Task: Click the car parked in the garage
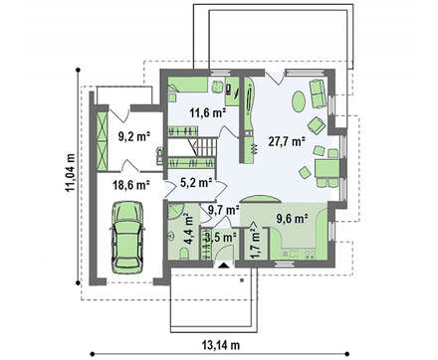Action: pyautogui.click(x=127, y=238)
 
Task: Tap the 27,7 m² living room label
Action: pyautogui.click(x=287, y=142)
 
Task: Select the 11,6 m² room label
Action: pyautogui.click(x=208, y=113)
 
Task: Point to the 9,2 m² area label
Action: pyautogui.click(x=134, y=136)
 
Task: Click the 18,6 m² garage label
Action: pyautogui.click(x=130, y=185)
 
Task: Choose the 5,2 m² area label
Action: pyautogui.click(x=196, y=182)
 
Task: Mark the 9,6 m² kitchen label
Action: pyautogui.click(x=292, y=219)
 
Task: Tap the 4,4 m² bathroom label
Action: pyautogui.click(x=188, y=230)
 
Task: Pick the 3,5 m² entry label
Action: pyautogui.click(x=220, y=237)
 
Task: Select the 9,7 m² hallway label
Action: pyautogui.click(x=224, y=210)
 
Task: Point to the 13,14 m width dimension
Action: pyautogui.click(x=220, y=345)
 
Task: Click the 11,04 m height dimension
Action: pyautogui.click(x=71, y=173)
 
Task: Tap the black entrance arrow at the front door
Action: pyautogui.click(x=223, y=266)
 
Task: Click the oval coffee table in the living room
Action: pyautogui.click(x=299, y=101)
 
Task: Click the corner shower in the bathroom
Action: pyautogui.click(x=175, y=211)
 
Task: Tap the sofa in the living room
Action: pyautogui.click(x=318, y=93)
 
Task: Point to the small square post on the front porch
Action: pyautogui.click(x=242, y=280)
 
